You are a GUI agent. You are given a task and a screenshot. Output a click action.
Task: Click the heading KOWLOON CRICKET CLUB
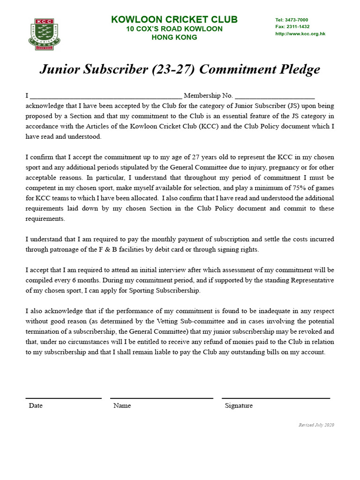click(x=174, y=20)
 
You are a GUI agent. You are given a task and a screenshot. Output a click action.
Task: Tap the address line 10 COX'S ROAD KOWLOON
click(x=174, y=29)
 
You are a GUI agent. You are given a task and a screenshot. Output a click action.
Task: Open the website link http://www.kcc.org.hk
click(x=300, y=34)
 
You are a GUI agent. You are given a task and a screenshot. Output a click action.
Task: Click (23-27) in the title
click(x=172, y=70)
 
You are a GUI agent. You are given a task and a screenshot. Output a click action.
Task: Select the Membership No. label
click(x=208, y=96)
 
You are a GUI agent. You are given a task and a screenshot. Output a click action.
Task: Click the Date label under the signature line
click(x=36, y=405)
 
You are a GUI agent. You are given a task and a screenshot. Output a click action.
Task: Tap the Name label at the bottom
click(x=122, y=405)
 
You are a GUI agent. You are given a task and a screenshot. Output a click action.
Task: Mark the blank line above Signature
click(x=276, y=398)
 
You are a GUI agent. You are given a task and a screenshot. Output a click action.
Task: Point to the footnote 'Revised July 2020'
click(x=316, y=425)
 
